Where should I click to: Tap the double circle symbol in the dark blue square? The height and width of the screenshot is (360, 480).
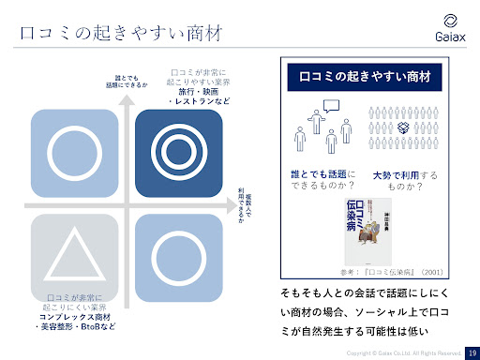[177, 150]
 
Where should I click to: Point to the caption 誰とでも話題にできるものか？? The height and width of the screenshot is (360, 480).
[322, 181]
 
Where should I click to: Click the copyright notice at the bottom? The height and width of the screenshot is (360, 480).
[403, 352]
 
